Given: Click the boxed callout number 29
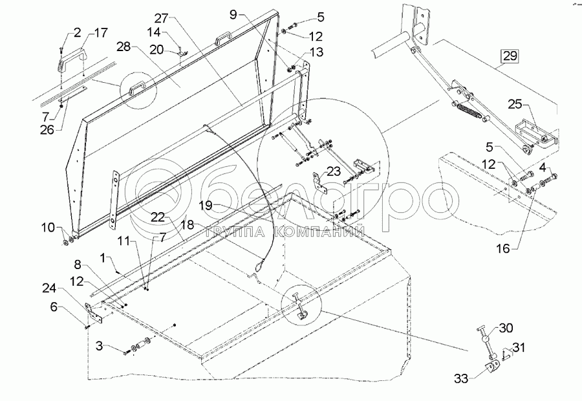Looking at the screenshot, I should point(510,56).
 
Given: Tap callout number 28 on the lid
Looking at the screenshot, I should point(122,47).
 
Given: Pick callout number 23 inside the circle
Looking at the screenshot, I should point(333,172).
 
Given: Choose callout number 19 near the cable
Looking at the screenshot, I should point(205,205).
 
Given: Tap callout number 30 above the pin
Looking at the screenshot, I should point(506,327).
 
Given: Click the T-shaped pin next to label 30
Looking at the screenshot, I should point(484,336).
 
